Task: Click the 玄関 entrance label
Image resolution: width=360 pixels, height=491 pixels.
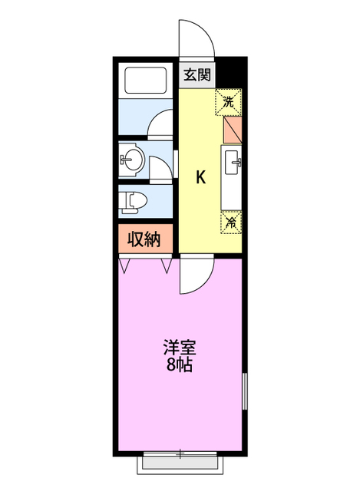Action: [197, 75]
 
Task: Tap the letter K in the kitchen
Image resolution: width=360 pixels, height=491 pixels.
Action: [200, 178]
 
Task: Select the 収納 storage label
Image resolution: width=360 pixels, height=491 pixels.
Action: [143, 239]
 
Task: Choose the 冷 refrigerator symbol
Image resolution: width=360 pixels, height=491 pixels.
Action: [231, 223]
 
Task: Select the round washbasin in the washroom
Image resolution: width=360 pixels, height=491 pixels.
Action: [130, 160]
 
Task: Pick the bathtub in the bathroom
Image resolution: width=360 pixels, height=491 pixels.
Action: [145, 82]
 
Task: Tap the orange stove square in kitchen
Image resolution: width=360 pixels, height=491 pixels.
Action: [232, 127]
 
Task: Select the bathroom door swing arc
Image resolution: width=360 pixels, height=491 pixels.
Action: [162, 123]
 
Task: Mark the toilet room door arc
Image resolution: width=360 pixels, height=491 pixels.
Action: [160, 170]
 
